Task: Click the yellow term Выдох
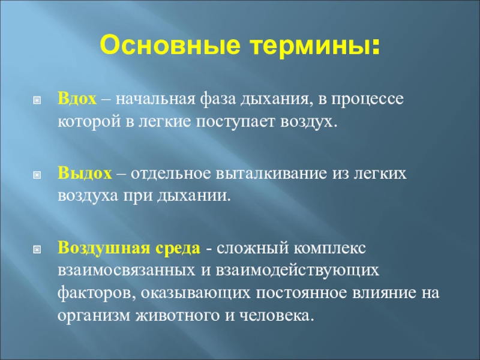85,173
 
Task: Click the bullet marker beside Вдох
36,98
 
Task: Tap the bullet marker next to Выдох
36,174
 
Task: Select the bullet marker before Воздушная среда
36,248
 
